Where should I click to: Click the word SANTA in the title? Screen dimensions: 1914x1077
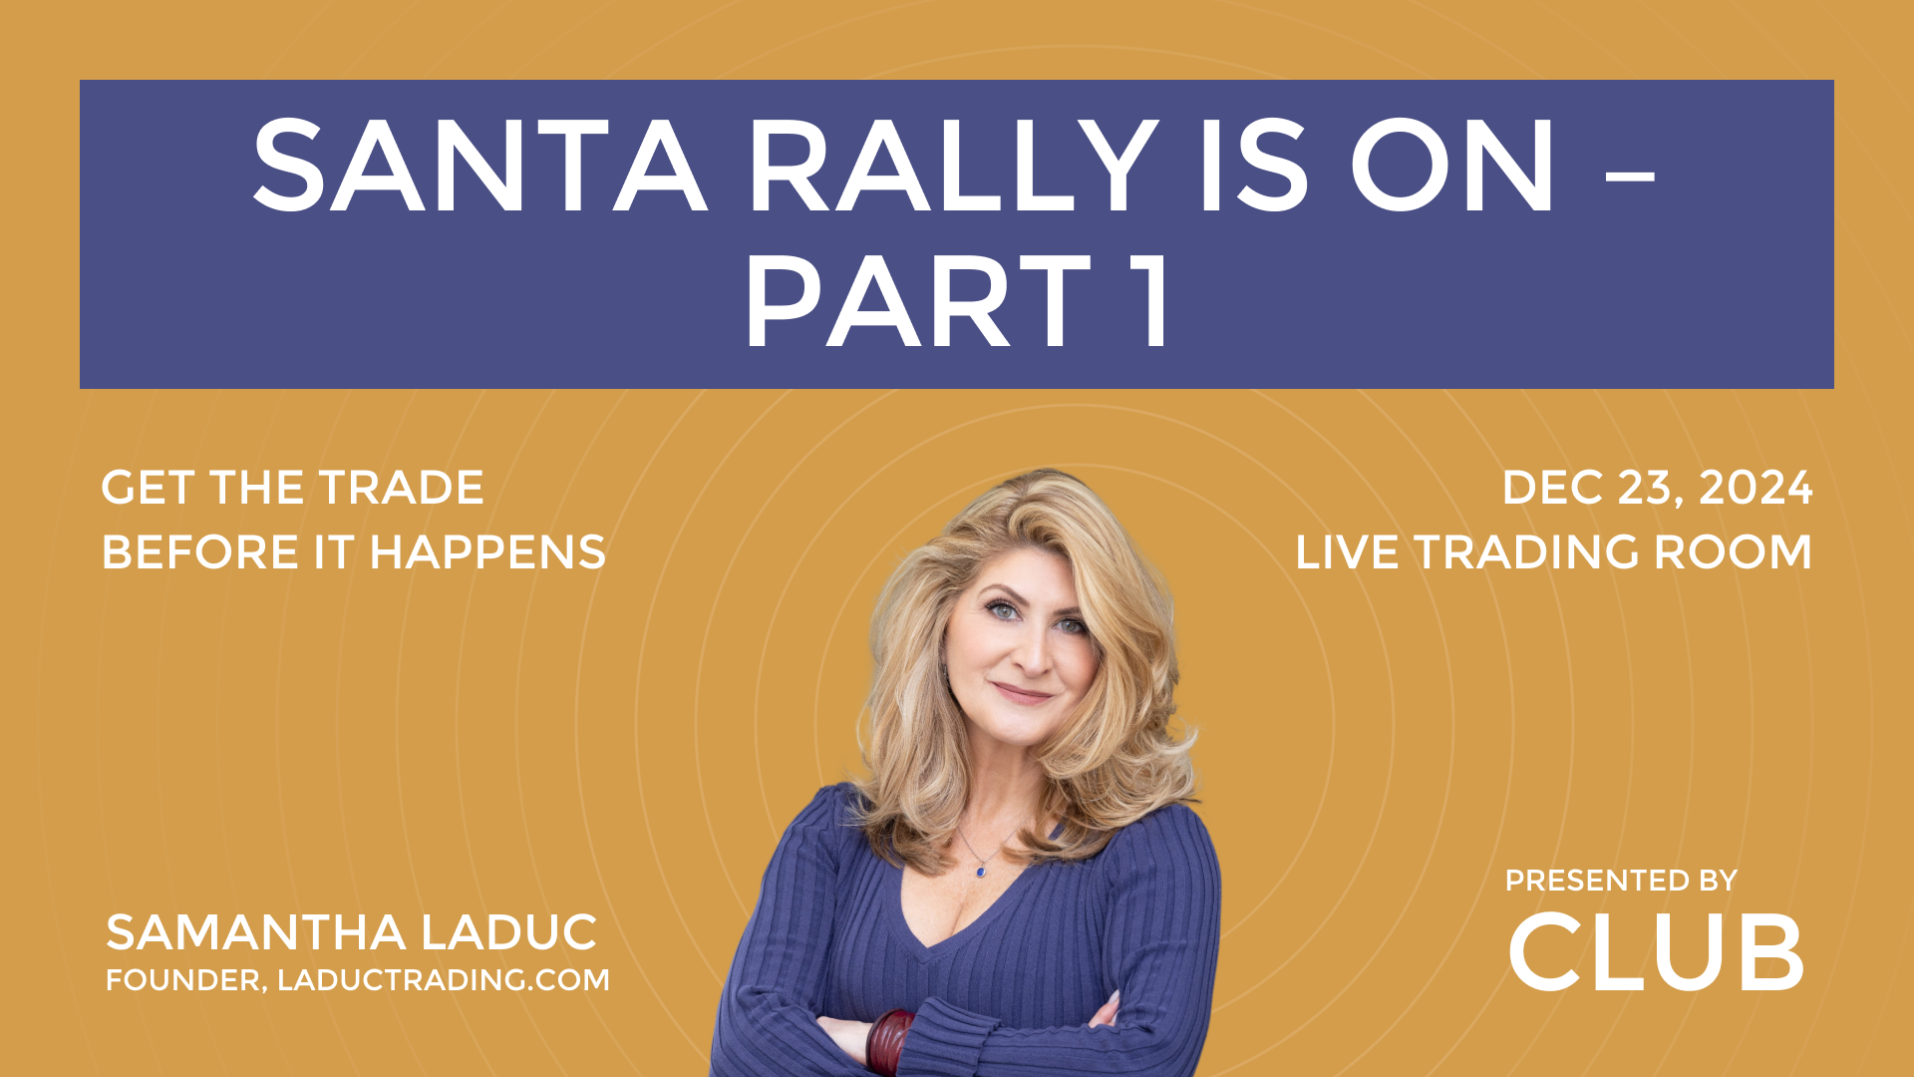click(479, 167)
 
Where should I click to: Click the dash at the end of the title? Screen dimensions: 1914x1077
click(1632, 178)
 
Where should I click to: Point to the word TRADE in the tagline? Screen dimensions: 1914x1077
click(401, 488)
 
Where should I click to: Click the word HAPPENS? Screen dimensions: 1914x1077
click(487, 552)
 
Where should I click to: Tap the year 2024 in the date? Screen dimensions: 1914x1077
click(1755, 488)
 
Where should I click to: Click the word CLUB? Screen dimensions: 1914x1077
click(1656, 952)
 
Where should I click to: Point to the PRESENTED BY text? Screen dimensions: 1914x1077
click(1621, 881)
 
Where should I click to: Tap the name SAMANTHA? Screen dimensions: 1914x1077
click(256, 933)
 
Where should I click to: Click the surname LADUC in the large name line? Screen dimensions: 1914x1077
click(508, 933)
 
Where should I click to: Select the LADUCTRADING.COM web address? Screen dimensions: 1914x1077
click(444, 980)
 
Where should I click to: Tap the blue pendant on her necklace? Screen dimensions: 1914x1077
click(982, 871)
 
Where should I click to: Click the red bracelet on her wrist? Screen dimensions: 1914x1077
click(889, 1041)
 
